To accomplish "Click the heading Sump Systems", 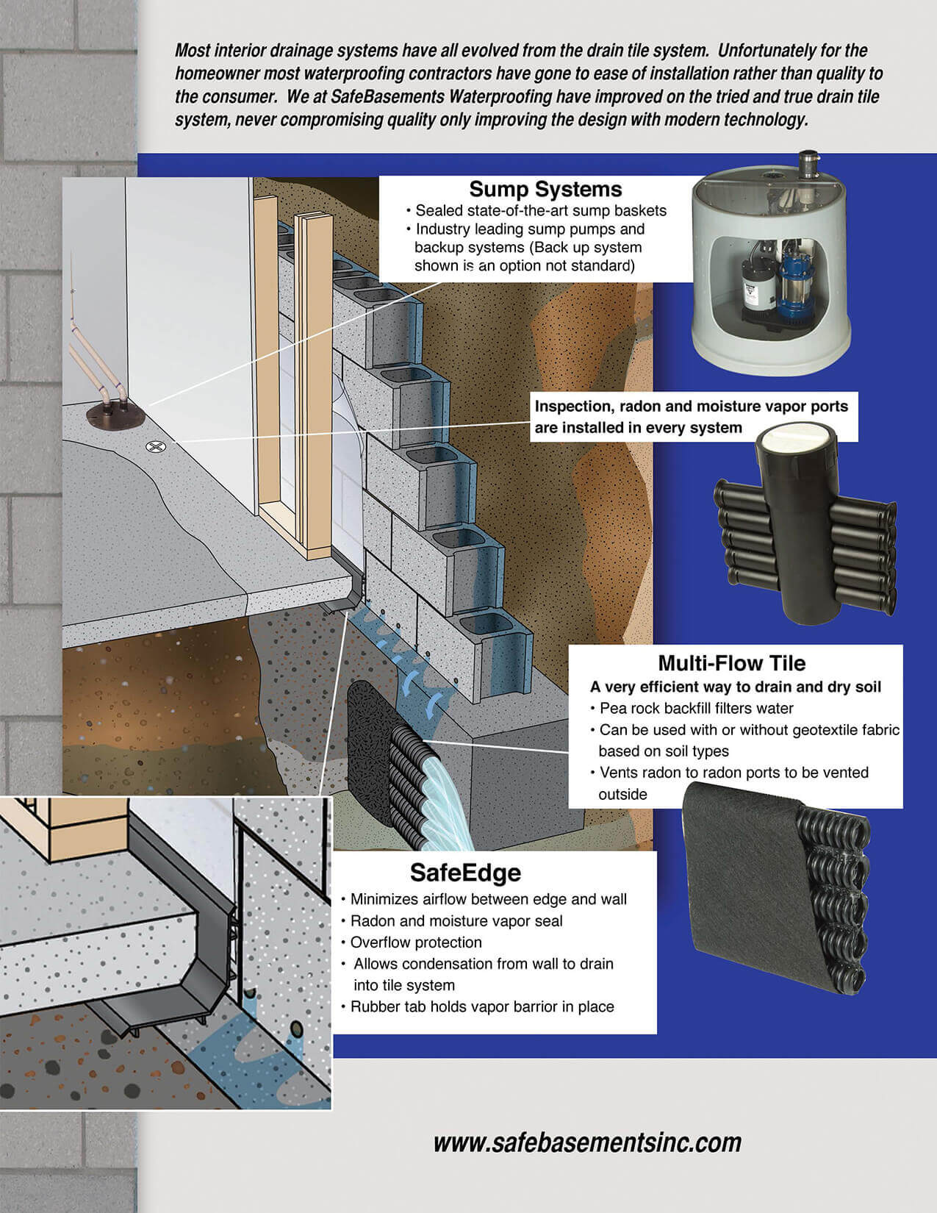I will pos(545,189).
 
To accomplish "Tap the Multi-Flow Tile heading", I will pos(731,663).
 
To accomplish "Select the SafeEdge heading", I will pos(465,872).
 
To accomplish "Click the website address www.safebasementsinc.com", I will pos(587,1142).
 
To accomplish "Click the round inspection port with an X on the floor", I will pos(156,446).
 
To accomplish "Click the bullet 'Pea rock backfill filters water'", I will pos(696,709).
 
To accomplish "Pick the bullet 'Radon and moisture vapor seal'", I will pos(456,921).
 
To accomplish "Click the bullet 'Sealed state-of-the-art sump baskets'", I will pos(540,210).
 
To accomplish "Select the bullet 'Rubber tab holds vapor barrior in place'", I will pos(481,1006).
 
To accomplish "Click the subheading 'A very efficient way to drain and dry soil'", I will pos(736,687).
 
